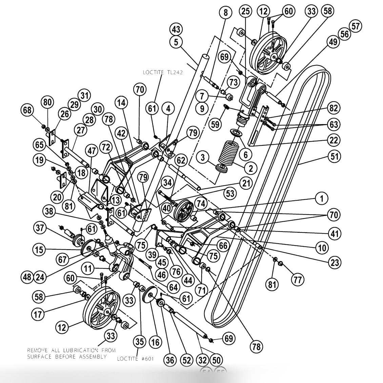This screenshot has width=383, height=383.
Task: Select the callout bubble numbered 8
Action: click(225, 13)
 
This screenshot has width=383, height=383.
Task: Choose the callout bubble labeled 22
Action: click(334, 140)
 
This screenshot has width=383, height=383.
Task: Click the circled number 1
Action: click(321, 198)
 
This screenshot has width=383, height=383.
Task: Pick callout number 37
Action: click(40, 228)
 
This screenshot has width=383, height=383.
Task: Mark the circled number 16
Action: click(155, 342)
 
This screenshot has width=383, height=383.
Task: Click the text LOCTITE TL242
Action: click(162, 72)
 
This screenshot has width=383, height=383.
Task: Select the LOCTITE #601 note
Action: click(134, 359)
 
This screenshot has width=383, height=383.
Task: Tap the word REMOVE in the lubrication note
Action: click(38, 350)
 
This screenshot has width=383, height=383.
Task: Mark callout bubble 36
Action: click(170, 360)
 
